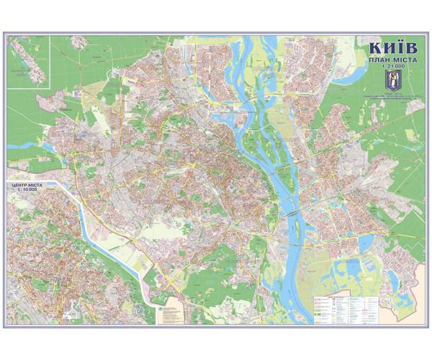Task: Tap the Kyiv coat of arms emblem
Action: click(x=389, y=78)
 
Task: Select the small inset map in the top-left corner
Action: click(x=29, y=62)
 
